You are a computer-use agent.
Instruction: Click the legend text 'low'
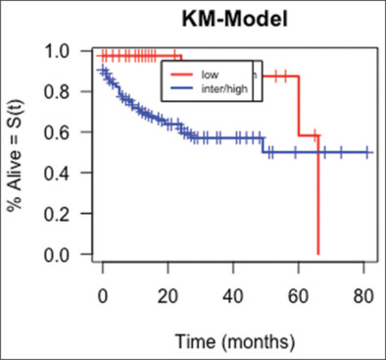pos(210,74)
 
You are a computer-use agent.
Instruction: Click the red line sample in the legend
pos(181,74)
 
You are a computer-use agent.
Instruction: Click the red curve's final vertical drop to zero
pos(318,196)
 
